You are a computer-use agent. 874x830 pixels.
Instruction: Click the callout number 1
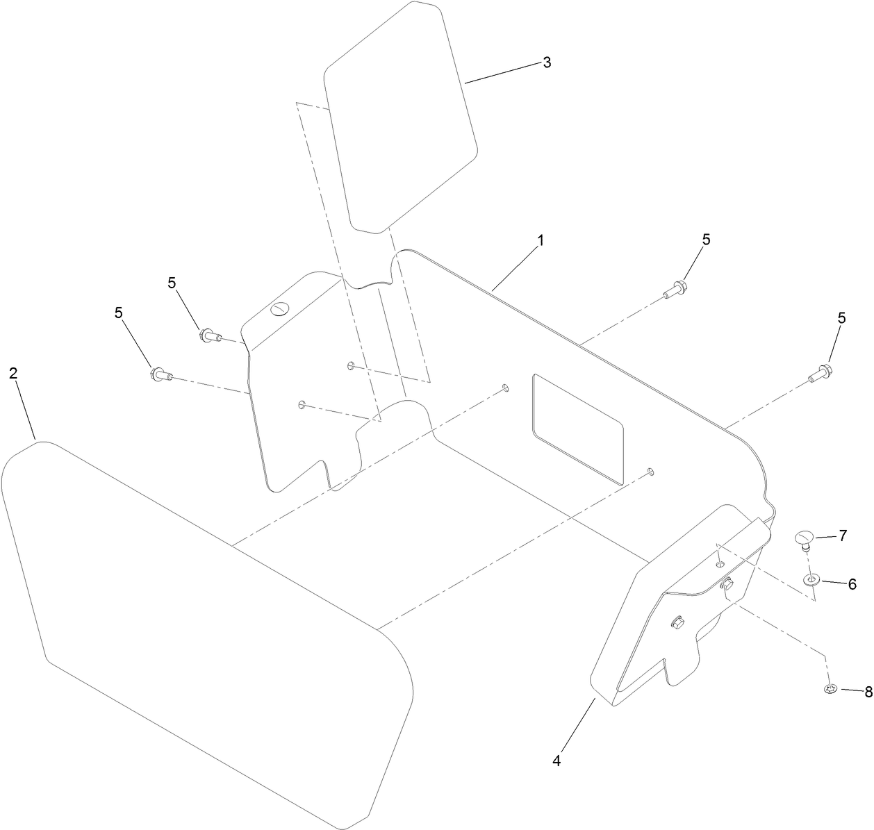tap(540, 240)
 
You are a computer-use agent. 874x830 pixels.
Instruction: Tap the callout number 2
tap(13, 374)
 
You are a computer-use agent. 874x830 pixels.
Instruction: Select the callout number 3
tap(547, 63)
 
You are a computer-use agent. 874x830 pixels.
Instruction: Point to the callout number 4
tap(556, 761)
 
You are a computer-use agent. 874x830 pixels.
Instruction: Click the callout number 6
tap(852, 583)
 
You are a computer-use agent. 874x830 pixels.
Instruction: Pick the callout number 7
tap(843, 536)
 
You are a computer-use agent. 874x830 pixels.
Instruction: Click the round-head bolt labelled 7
tap(805, 542)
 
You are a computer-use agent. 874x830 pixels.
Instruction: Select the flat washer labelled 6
tap(811, 580)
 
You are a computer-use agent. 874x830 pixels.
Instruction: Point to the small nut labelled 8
tap(830, 689)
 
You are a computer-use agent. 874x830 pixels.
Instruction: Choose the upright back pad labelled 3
tap(399, 118)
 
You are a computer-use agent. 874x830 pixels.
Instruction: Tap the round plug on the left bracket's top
tap(280, 309)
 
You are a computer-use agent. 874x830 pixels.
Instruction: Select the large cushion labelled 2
tap(208, 633)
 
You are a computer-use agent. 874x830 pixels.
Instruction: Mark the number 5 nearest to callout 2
tap(118, 313)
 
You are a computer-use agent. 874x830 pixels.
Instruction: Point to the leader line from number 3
tap(503, 74)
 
